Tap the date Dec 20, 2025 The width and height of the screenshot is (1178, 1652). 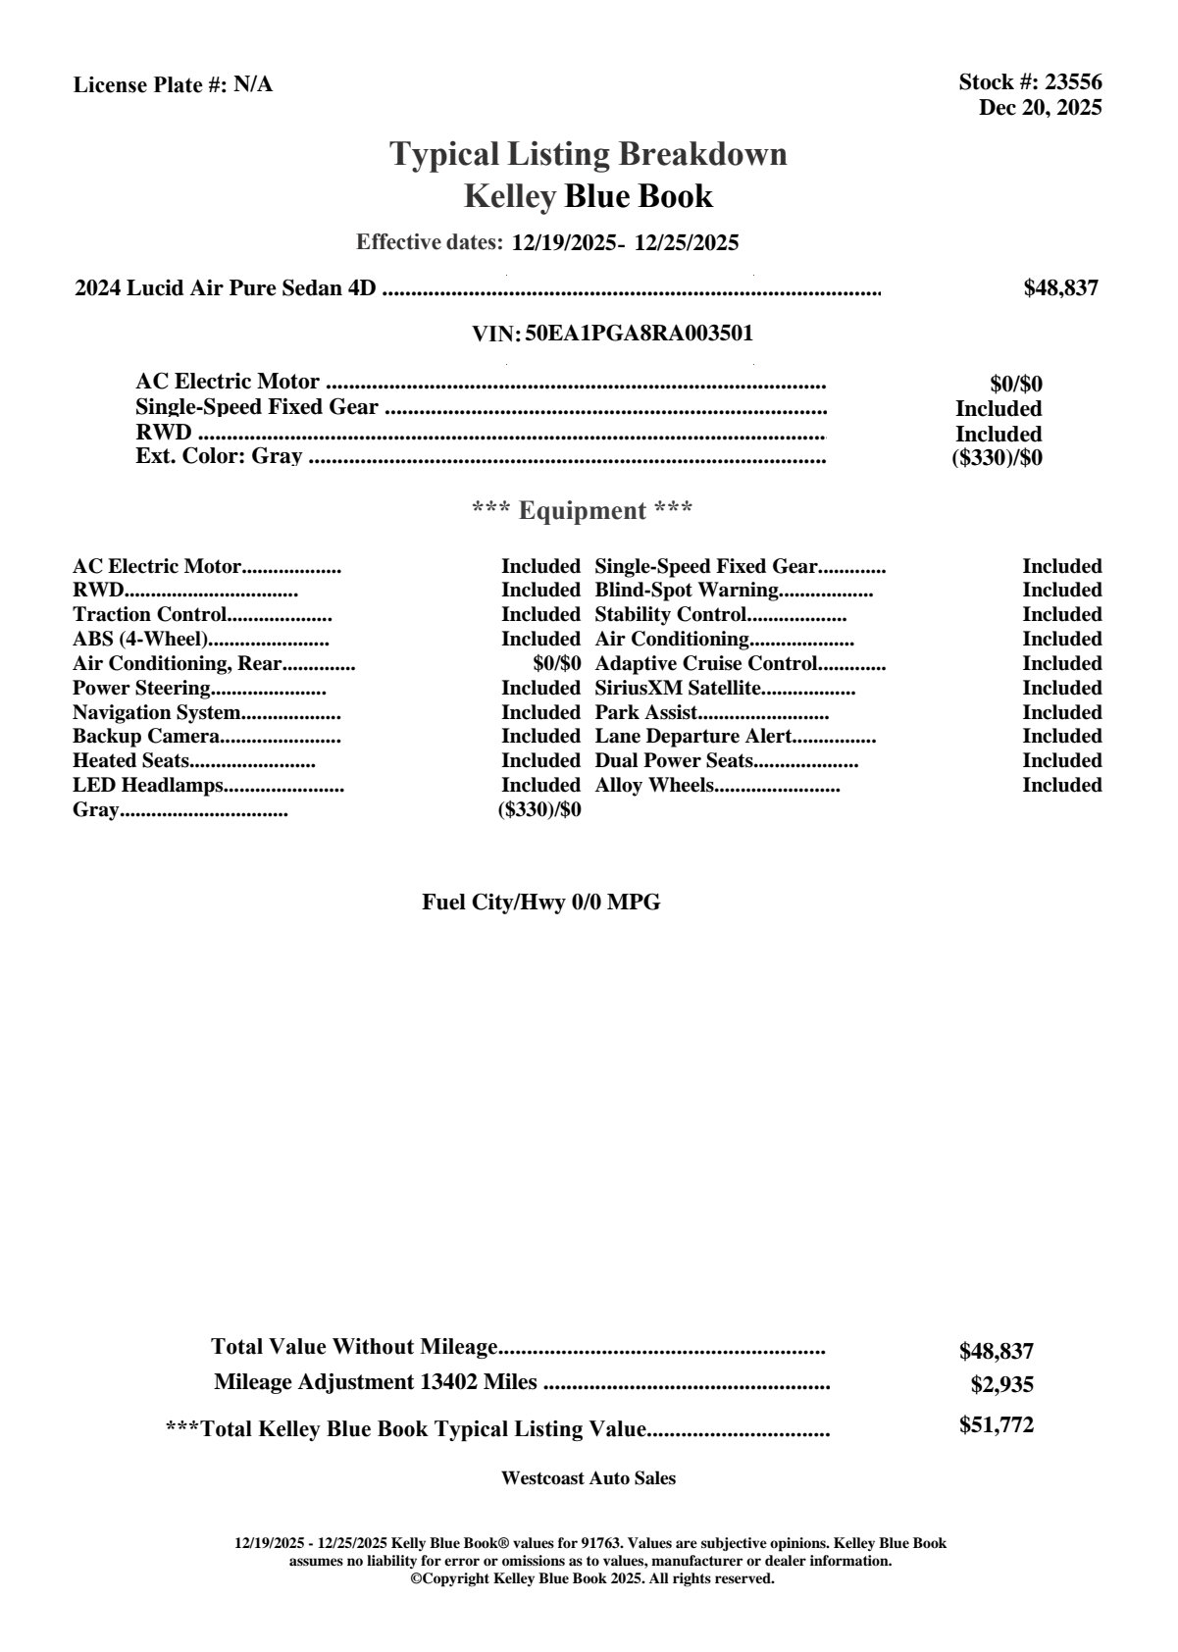(x=1040, y=107)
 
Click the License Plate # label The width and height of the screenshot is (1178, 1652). (x=151, y=85)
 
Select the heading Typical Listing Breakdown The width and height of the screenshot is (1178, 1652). (x=589, y=154)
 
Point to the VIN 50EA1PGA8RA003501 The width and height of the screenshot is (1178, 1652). (x=640, y=334)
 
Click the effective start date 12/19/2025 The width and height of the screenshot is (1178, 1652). (x=563, y=242)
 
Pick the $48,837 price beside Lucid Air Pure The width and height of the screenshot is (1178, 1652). (x=1060, y=287)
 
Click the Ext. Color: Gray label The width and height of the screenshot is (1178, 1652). (x=219, y=456)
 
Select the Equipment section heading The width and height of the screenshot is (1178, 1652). (x=583, y=510)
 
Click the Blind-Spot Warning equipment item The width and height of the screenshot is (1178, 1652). (x=687, y=591)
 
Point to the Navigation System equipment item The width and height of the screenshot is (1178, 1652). (x=156, y=713)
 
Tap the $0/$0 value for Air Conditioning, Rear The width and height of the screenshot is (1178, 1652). (x=556, y=664)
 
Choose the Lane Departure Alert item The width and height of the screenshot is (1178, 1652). (x=693, y=737)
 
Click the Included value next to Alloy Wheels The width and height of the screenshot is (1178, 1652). (x=1061, y=785)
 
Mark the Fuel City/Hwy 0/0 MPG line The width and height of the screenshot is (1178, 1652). (x=540, y=903)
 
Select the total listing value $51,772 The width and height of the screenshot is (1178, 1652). (x=996, y=1425)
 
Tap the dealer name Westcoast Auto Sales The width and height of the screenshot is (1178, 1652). (x=588, y=1478)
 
